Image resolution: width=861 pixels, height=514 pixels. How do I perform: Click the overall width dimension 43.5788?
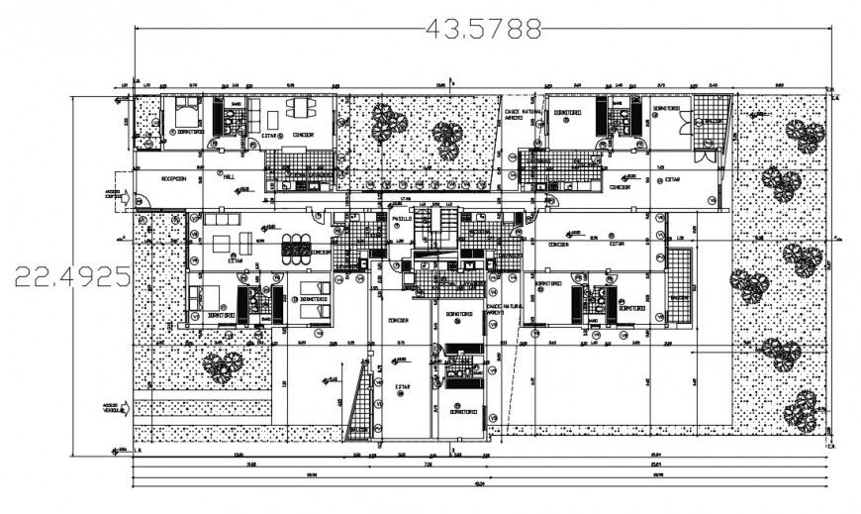pyautogui.click(x=483, y=29)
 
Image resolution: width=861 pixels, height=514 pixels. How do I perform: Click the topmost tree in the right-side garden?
pyautogui.click(x=802, y=135)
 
